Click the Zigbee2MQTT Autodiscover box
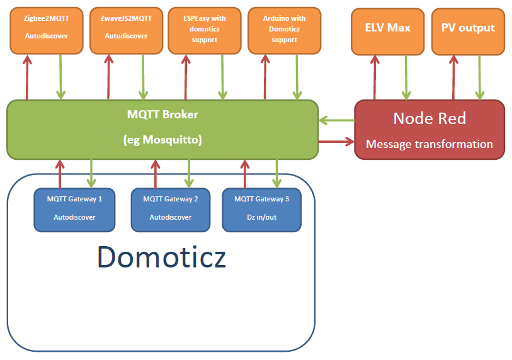[47, 30]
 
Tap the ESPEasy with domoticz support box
[204, 30]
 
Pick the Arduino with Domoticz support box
[284, 30]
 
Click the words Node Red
[429, 118]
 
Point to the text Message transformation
[429, 144]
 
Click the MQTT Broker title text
[162, 115]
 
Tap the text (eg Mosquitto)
[162, 140]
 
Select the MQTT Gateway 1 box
[74, 209]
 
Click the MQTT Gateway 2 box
[170, 209]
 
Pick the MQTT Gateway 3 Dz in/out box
[261, 209]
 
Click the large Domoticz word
[161, 257]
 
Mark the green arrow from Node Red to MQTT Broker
[336, 120]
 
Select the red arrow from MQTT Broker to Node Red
[336, 142]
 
